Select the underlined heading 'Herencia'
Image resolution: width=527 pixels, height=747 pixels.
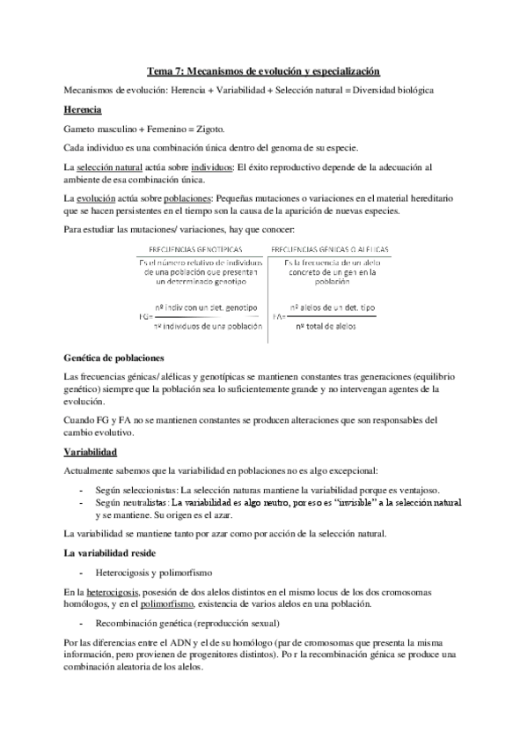coord(84,109)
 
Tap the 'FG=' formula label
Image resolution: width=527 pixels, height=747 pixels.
coord(145,314)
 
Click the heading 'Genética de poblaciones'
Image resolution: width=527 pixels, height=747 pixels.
coord(114,359)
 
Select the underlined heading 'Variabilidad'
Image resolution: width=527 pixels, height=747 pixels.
coord(91,451)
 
